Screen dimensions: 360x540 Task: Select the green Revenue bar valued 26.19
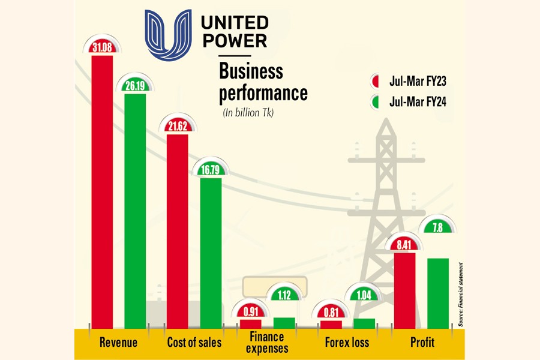coord(135,210)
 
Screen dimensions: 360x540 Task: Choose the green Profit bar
coord(438,294)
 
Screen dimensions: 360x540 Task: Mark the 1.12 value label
coord(284,294)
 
